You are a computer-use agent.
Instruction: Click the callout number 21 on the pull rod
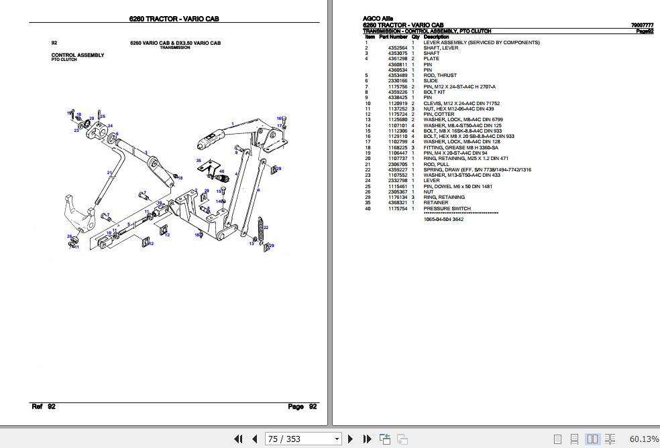pos(109,173)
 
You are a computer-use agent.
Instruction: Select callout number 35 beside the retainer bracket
pos(199,161)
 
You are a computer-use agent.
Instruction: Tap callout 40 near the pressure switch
pos(221,171)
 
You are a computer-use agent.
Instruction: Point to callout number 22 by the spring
pos(266,228)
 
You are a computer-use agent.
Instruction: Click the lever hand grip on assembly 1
pos(210,141)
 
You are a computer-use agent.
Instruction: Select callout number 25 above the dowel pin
pos(103,117)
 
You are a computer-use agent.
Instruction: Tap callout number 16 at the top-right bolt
pos(279,119)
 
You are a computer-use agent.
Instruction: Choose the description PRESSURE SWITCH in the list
pos(441,209)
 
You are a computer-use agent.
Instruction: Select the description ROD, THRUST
pos(440,75)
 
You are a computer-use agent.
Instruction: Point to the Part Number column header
pos(393,37)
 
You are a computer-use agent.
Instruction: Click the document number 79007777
pos(642,25)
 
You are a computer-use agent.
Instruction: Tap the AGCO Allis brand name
pos(378,18)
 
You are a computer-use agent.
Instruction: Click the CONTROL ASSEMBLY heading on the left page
pos(77,55)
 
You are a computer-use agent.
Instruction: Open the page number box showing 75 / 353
pos(303,439)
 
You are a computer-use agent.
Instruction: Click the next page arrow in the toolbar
pos(349,439)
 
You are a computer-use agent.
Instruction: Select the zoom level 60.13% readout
pos(643,439)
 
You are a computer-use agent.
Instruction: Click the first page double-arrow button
pos(238,439)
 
